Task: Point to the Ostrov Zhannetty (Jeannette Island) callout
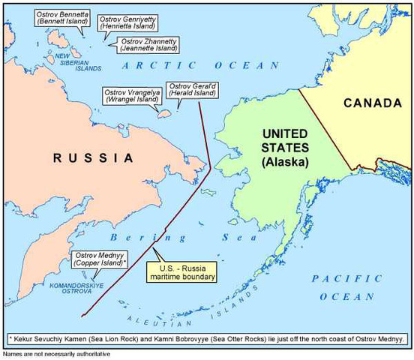(x=146, y=43)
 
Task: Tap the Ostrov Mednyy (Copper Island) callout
(x=100, y=259)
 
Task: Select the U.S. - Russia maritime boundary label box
(x=183, y=271)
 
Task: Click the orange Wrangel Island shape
(x=162, y=114)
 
